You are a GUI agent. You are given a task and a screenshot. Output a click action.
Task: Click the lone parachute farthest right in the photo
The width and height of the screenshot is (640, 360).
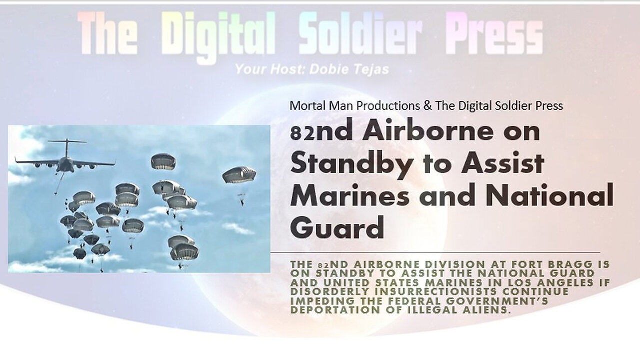click(x=239, y=175)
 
